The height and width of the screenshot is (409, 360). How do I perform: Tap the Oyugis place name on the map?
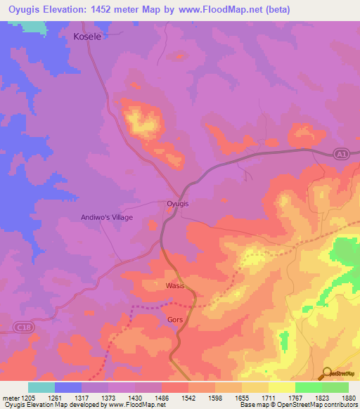(x=178, y=204)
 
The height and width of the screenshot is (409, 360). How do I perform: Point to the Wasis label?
(x=175, y=287)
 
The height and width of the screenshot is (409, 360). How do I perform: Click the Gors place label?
(x=176, y=319)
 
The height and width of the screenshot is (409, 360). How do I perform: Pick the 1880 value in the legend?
(x=347, y=398)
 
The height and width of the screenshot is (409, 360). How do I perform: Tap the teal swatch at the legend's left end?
(x=41, y=387)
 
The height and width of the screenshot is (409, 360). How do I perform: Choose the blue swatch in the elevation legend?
(x=68, y=387)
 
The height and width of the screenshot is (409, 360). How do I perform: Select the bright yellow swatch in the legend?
(x=281, y=387)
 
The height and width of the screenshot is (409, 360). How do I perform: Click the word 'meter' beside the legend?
(x=9, y=398)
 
